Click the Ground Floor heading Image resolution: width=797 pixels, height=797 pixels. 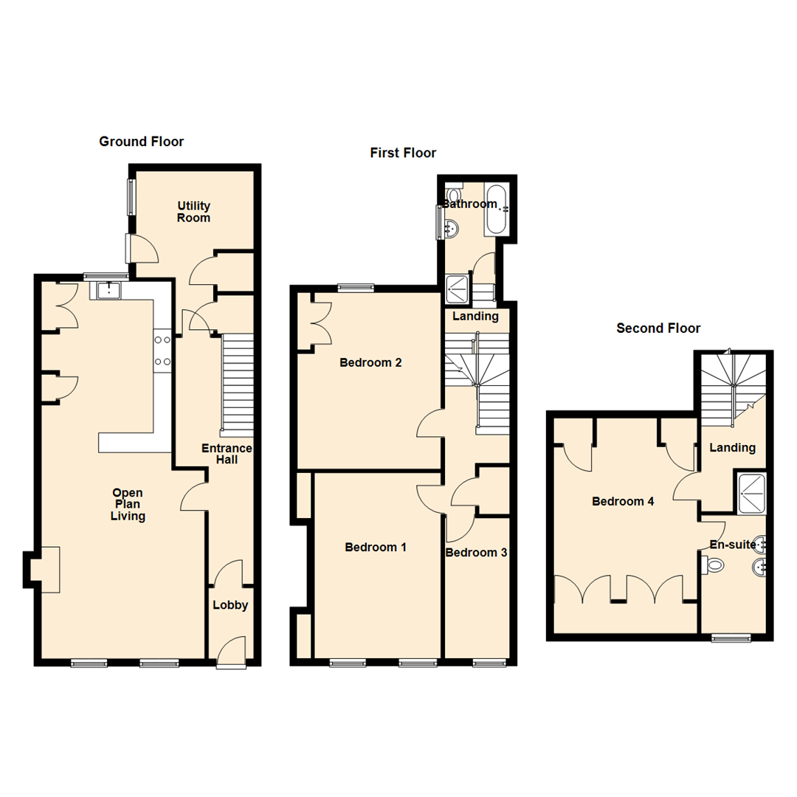coord(141,142)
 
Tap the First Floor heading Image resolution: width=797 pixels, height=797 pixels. coord(403,153)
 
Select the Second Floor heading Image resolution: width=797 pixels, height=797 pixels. coord(658,328)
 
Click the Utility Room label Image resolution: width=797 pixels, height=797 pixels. coord(193,212)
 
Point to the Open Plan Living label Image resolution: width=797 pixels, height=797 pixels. coord(128,505)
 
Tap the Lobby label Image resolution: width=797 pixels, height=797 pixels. coord(230,606)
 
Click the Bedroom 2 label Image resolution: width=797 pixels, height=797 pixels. coord(370,363)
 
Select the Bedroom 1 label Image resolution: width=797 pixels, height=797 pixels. coord(376,548)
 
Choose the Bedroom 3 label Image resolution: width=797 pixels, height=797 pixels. coord(477,553)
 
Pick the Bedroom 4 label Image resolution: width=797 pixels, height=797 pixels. coord(623,502)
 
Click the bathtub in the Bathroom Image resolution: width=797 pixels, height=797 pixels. coord(495,210)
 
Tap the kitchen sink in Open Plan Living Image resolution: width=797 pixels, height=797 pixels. coord(111,290)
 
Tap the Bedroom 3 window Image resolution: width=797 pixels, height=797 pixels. coord(489,663)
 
